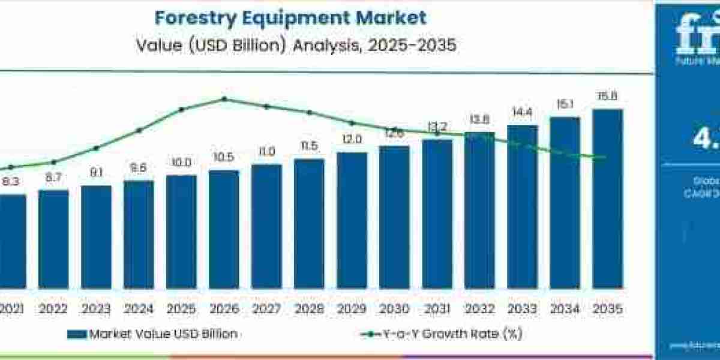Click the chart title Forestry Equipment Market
click(290, 17)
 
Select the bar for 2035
click(607, 198)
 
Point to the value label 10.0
click(181, 163)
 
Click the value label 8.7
click(53, 178)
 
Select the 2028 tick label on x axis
click(309, 309)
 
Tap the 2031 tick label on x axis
click(437, 309)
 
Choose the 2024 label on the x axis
click(139, 309)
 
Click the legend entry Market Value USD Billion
click(163, 334)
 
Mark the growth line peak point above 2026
click(224, 99)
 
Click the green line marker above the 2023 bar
click(96, 148)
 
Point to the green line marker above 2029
click(352, 122)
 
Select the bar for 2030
click(394, 217)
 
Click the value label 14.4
click(522, 113)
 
